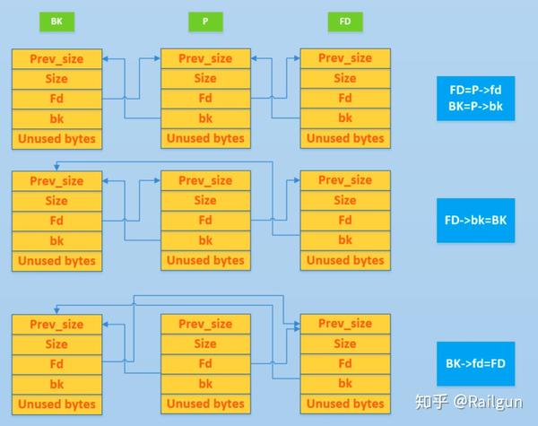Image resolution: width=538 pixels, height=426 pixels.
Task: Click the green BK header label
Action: (x=56, y=20)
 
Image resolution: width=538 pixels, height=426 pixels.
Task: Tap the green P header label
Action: (x=205, y=20)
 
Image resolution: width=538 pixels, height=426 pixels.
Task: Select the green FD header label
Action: (x=345, y=20)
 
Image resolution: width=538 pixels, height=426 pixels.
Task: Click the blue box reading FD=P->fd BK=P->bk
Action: (x=476, y=98)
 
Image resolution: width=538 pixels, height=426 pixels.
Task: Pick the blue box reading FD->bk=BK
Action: (x=476, y=221)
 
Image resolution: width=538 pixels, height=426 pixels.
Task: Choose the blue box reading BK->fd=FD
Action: (x=476, y=364)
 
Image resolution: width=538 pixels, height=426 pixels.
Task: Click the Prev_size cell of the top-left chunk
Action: (x=56, y=59)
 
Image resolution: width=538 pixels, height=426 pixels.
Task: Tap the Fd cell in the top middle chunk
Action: (x=205, y=99)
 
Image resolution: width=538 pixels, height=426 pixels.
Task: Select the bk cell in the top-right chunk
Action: (x=345, y=118)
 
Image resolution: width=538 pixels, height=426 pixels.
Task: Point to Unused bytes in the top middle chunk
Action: (x=205, y=138)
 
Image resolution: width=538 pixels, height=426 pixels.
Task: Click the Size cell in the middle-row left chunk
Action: (x=56, y=201)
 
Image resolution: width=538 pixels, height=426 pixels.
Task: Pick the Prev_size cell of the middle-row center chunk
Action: (x=205, y=181)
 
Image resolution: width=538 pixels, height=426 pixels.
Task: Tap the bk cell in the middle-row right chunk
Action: (x=345, y=240)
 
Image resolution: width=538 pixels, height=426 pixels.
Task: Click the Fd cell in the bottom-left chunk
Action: (x=56, y=364)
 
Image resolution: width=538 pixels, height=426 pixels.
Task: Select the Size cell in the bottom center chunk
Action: (x=205, y=344)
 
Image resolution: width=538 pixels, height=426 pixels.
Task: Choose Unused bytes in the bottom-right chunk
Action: (x=345, y=404)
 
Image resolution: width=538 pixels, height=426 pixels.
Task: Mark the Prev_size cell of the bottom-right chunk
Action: (x=345, y=325)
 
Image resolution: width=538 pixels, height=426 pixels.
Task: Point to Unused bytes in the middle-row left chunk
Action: (x=56, y=260)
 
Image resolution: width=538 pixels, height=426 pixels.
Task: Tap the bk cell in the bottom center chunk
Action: (x=205, y=384)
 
